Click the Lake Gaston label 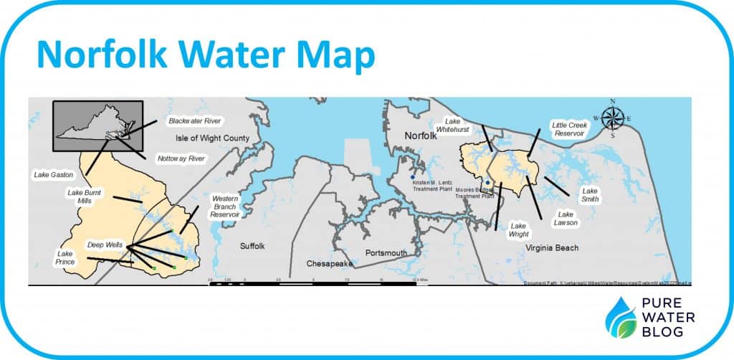(x=52, y=174)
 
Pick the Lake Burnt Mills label (x=85, y=196)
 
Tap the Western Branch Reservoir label (x=225, y=205)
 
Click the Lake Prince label (x=65, y=257)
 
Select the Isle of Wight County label (x=212, y=138)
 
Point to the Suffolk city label (x=252, y=246)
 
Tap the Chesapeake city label (x=327, y=264)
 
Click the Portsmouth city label (x=386, y=253)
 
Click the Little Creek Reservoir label (x=568, y=129)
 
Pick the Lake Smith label (x=590, y=195)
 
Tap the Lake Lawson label (x=566, y=219)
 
